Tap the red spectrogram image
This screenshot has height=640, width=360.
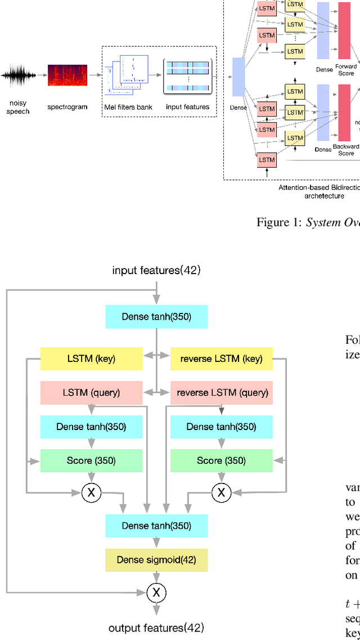click(x=67, y=75)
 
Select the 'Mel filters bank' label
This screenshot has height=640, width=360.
click(x=129, y=107)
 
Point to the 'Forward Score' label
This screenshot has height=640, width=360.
click(x=345, y=70)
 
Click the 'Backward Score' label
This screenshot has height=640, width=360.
click(x=346, y=150)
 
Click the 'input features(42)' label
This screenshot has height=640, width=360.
click(x=156, y=270)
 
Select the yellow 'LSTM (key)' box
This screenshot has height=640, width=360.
click(x=91, y=359)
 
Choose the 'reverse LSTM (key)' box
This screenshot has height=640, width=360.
click(x=221, y=359)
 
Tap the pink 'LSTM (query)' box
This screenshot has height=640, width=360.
click(x=91, y=392)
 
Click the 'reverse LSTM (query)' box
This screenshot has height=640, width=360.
click(x=221, y=392)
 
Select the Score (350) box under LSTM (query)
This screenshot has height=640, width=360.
click(x=91, y=460)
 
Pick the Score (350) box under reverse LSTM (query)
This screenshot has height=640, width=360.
click(x=221, y=460)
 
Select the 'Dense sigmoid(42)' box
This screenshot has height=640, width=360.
click(x=156, y=560)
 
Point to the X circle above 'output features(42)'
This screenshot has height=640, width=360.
click(x=156, y=592)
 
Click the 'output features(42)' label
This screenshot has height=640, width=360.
click(x=156, y=627)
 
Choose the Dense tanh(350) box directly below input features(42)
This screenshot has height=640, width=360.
click(x=156, y=317)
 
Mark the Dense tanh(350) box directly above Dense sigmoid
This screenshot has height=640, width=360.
click(x=156, y=526)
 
